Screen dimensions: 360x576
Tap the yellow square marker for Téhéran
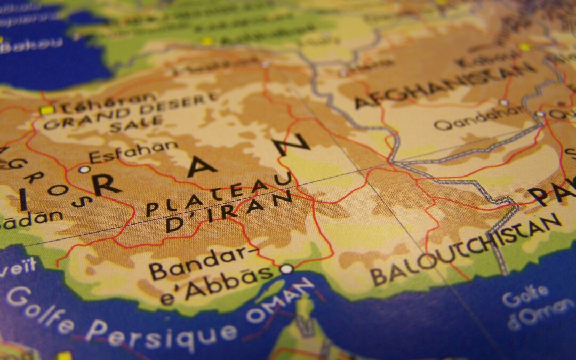tap(47, 110)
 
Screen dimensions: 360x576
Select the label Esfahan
tap(133, 151)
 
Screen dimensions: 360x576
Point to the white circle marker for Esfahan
tap(84, 170)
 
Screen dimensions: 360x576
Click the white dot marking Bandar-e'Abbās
tap(287, 269)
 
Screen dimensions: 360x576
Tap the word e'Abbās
tap(217, 286)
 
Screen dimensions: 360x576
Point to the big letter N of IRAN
tap(292, 145)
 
